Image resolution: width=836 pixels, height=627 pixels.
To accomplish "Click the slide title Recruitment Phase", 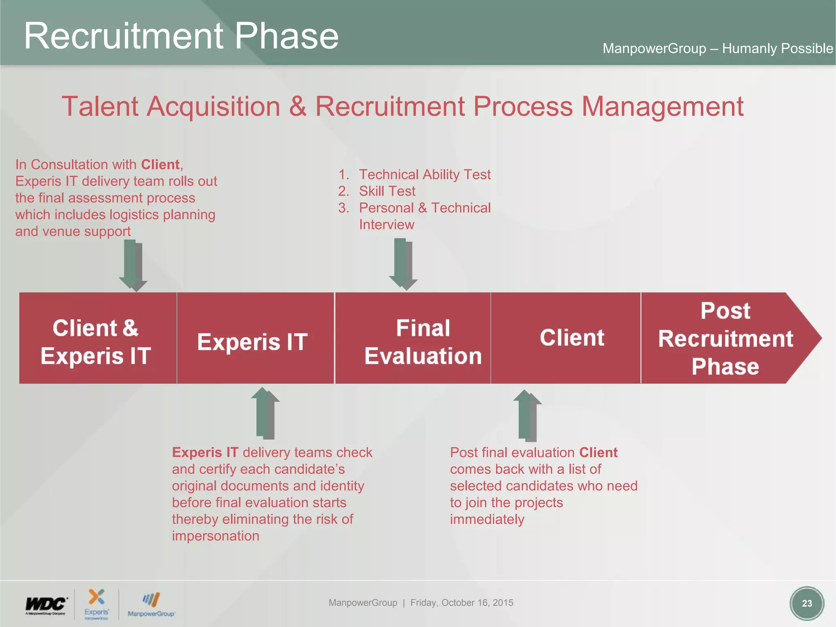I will point(181,36).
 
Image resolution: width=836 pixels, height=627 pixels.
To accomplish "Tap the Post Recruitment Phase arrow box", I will point(725,338).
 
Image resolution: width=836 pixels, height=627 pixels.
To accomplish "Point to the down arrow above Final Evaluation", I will point(402,264).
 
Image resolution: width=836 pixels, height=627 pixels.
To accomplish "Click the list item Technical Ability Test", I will point(425,175).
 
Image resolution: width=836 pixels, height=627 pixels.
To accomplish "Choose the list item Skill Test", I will point(387,191).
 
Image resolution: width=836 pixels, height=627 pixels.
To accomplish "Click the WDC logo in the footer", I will point(46,605).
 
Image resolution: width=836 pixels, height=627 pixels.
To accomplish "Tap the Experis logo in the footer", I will point(97,604).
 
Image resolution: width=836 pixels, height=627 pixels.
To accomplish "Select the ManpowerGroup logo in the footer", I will point(151,605).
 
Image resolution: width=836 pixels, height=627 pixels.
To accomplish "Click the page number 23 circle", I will point(807,603).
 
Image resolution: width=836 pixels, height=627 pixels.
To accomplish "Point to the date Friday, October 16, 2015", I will point(462,603).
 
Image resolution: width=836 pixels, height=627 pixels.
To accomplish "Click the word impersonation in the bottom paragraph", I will point(216,536).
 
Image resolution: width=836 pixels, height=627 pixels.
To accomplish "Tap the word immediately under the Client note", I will point(487,520).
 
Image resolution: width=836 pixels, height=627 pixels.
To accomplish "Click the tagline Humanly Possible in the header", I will point(777,49).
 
